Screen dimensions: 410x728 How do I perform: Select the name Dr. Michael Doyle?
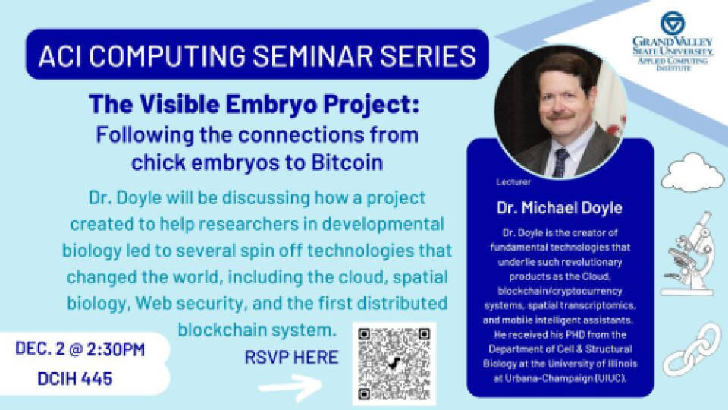tap(560, 207)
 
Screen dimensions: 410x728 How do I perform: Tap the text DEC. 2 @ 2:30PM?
tap(80, 350)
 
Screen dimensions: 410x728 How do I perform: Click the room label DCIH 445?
tap(74, 378)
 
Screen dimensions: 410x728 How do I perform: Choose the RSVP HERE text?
tap(291, 357)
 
